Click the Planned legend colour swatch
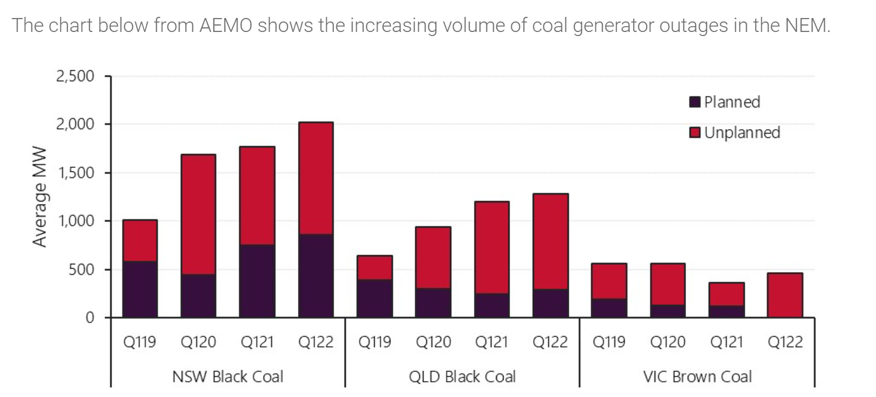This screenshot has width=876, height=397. (x=695, y=102)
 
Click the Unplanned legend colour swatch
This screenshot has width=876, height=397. (x=695, y=133)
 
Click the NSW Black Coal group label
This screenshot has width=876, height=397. (x=228, y=377)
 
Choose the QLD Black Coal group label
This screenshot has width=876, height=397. (x=462, y=377)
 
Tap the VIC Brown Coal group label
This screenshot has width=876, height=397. (x=697, y=377)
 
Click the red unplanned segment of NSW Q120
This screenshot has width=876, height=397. (x=198, y=214)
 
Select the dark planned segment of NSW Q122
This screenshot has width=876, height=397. (x=315, y=276)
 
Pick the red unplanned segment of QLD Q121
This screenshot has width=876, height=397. (x=491, y=248)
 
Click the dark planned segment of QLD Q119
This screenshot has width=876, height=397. (x=375, y=298)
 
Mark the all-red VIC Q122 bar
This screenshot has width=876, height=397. (x=785, y=295)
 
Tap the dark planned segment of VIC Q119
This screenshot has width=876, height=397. (x=609, y=308)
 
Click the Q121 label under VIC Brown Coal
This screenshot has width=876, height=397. (x=726, y=342)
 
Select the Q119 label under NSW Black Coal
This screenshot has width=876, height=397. (x=139, y=342)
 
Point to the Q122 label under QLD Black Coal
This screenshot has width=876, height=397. (x=550, y=342)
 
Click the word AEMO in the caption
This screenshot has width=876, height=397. (x=225, y=26)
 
